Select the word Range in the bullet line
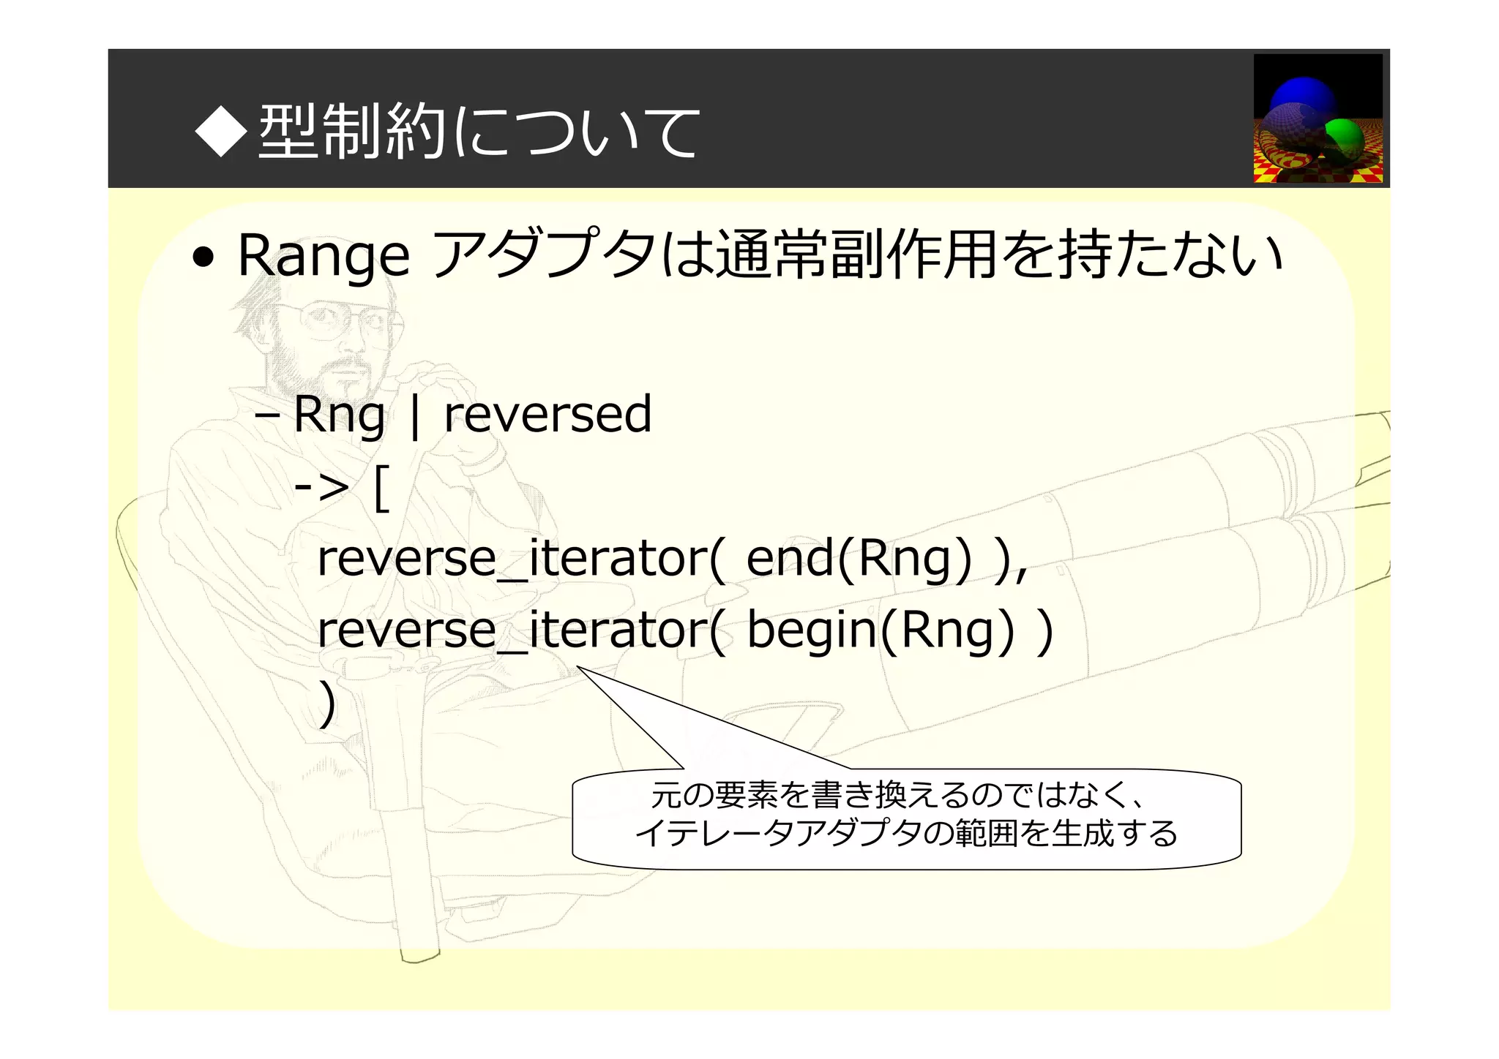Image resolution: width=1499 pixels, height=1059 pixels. (x=324, y=257)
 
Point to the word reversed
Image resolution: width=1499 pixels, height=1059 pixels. (x=547, y=415)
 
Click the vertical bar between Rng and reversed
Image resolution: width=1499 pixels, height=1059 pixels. (x=415, y=416)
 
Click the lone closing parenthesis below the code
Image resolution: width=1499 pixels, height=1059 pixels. (x=327, y=704)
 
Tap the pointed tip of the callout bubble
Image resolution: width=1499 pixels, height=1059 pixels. (x=578, y=667)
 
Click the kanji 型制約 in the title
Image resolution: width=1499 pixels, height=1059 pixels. (x=351, y=132)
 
